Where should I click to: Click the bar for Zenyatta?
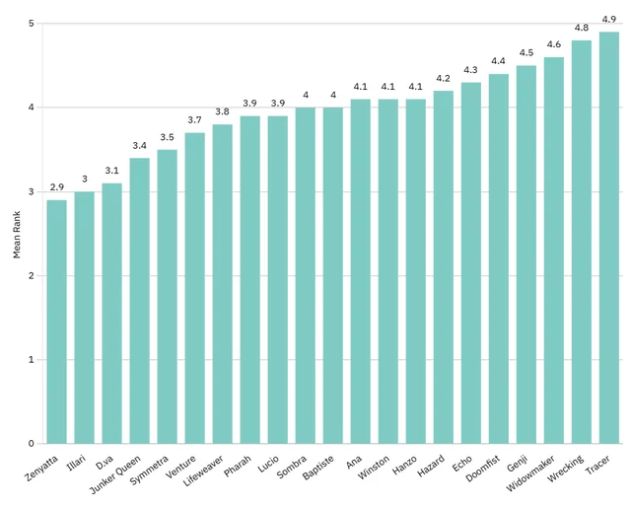pos(57,322)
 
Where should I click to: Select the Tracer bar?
pos(609,238)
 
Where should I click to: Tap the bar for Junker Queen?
pos(140,301)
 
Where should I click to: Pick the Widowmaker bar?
pos(554,251)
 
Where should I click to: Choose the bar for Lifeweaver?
pos(223,284)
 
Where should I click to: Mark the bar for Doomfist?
pos(499,258)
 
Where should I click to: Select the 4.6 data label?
pos(554,45)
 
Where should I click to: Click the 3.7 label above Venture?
pos(195,121)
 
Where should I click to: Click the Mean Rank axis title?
pos(17,233)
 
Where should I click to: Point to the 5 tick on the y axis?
pos(32,23)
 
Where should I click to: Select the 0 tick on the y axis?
pos(32,444)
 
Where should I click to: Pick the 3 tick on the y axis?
pos(32,191)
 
